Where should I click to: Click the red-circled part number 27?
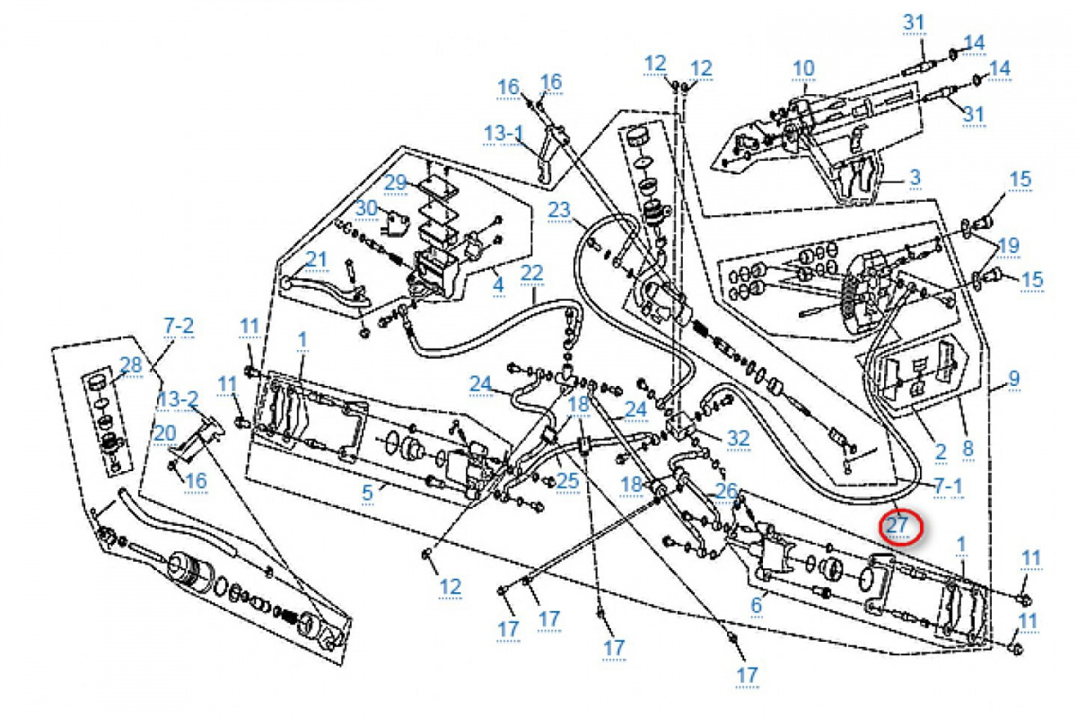[899, 525]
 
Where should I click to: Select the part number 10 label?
[803, 67]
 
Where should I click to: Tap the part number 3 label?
[915, 178]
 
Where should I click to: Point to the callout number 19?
[1008, 244]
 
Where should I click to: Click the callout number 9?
[1014, 378]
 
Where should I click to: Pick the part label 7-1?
[948, 486]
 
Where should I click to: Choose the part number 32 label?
[738, 437]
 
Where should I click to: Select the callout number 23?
[559, 211]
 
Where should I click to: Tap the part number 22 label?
[532, 271]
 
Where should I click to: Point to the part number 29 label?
[397, 182]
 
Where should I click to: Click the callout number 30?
[365, 208]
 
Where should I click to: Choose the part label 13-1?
[503, 134]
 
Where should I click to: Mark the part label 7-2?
[178, 326]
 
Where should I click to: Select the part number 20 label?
[163, 432]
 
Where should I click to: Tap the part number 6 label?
[756, 606]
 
